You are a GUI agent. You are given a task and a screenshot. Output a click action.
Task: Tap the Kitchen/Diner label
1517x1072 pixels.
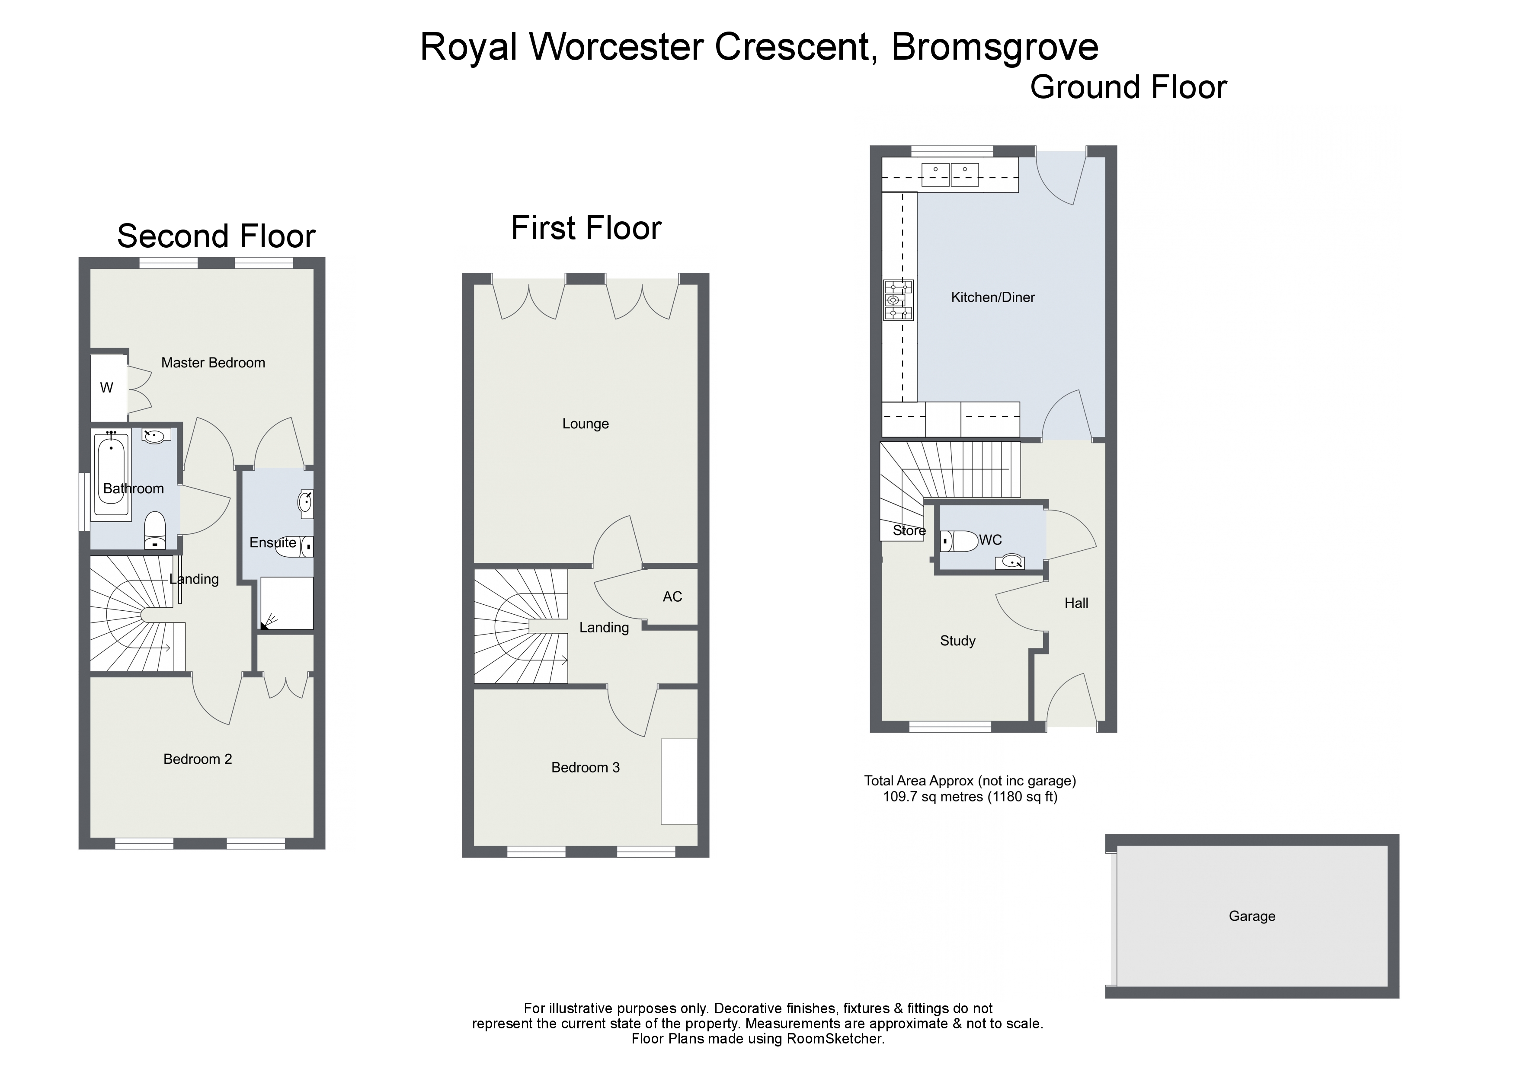pos(992,298)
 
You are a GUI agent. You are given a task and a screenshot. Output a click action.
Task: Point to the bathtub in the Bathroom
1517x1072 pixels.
pos(112,474)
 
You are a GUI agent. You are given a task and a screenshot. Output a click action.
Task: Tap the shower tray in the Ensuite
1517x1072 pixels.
pos(287,603)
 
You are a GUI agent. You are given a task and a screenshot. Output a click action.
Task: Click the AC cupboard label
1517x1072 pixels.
pos(672,597)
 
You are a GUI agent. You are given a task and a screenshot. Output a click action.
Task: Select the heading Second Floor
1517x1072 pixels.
pos(216,236)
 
